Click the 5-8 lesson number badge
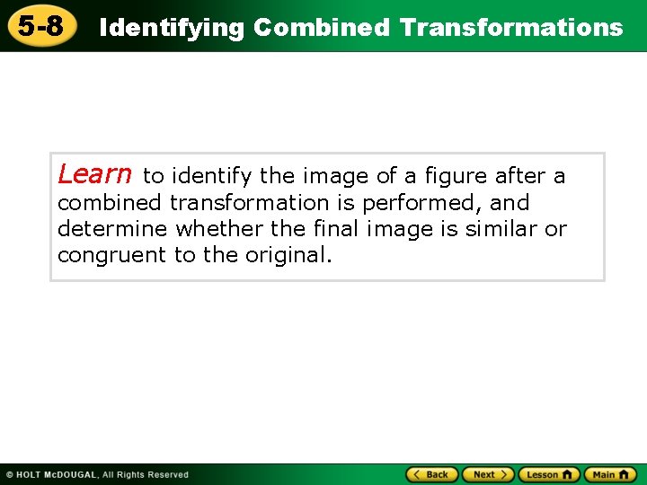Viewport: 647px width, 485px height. [x=41, y=27]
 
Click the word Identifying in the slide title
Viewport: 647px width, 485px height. [x=171, y=28]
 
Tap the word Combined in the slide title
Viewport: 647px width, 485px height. [x=322, y=28]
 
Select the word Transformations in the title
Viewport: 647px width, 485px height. [x=511, y=28]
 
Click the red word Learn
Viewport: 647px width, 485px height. [x=94, y=173]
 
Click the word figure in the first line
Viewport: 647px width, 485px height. [x=459, y=176]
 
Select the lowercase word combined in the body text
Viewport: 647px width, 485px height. [x=110, y=203]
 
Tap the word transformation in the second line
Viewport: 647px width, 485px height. [x=249, y=203]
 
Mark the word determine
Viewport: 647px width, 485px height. [x=112, y=229]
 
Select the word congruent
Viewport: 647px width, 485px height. [x=111, y=255]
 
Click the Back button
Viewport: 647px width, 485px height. [x=432, y=474]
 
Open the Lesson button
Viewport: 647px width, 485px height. [x=549, y=474]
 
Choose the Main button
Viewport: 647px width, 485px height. [x=610, y=474]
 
